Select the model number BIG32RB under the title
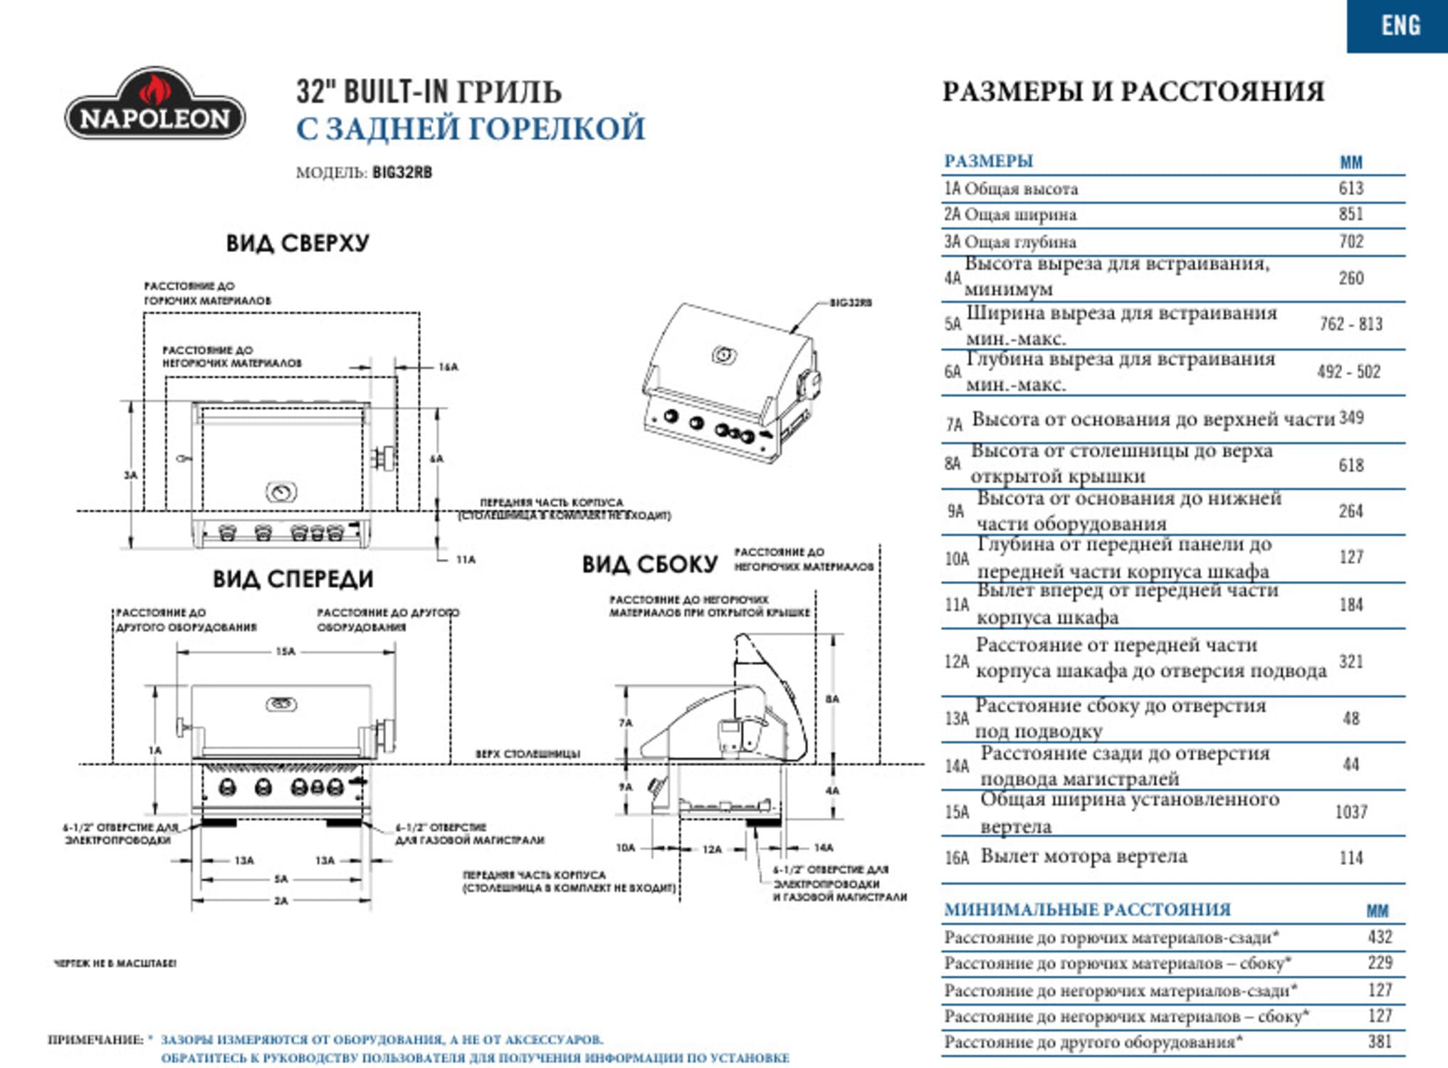(x=402, y=172)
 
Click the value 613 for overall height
(x=1350, y=189)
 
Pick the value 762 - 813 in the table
(x=1350, y=324)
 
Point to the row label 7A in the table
(x=954, y=424)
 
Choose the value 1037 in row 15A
(x=1350, y=812)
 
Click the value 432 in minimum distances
(x=1379, y=937)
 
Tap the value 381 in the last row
(x=1379, y=1042)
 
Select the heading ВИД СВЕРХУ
(x=298, y=244)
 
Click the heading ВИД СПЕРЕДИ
(x=293, y=579)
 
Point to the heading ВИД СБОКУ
(x=649, y=565)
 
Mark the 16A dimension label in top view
(x=448, y=367)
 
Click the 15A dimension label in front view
(x=285, y=651)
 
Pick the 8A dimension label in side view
(x=832, y=699)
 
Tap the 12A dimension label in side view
(x=712, y=849)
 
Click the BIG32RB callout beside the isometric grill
(x=851, y=303)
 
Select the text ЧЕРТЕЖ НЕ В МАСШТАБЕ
(x=115, y=963)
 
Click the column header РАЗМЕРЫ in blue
(x=988, y=161)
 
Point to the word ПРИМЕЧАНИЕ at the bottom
(x=95, y=1040)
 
